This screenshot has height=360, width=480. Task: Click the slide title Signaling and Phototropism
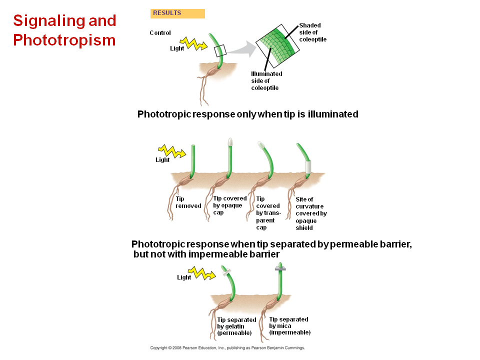64,30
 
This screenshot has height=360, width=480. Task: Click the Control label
160,33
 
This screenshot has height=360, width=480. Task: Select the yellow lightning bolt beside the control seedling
192,44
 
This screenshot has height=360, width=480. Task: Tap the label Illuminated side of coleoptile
266,80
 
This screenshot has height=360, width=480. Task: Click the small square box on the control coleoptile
220,50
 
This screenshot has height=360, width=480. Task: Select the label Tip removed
188,202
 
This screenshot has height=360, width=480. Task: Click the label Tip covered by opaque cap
229,205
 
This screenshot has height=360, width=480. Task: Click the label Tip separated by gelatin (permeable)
236,326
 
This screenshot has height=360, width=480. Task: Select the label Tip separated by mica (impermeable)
289,325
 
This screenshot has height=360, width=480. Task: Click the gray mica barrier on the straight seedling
279,269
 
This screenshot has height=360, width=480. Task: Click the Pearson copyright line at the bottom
227,347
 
